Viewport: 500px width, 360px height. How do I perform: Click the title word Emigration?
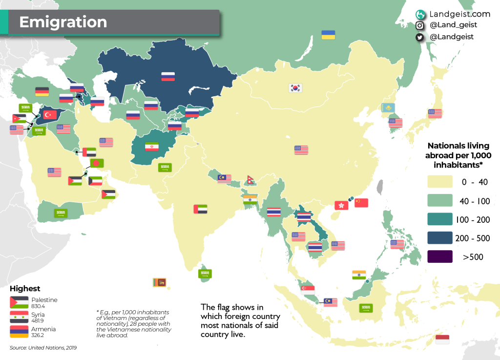click(x=63, y=22)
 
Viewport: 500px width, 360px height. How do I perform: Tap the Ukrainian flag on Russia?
click(x=328, y=35)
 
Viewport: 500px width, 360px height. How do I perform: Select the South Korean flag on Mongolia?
click(x=295, y=88)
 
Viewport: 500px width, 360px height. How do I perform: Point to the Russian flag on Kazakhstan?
click(x=168, y=76)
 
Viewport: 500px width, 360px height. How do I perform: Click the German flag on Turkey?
click(x=42, y=91)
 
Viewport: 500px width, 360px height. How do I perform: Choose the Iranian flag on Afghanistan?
click(x=152, y=146)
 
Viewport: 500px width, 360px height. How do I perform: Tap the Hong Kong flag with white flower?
click(x=341, y=205)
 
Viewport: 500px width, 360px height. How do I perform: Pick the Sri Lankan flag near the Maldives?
click(x=159, y=282)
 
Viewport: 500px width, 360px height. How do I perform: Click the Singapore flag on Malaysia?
click(x=308, y=289)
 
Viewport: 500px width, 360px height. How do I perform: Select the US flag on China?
click(x=301, y=150)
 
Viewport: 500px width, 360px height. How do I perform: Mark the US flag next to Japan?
click(x=435, y=113)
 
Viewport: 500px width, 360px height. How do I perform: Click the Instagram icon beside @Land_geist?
click(x=419, y=25)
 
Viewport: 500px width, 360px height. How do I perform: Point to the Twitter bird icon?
click(x=419, y=37)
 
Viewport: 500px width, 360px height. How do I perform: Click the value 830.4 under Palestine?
click(x=38, y=306)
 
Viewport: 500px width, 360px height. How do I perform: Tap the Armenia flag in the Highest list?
click(x=19, y=332)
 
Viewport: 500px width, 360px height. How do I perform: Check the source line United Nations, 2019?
click(x=43, y=348)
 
